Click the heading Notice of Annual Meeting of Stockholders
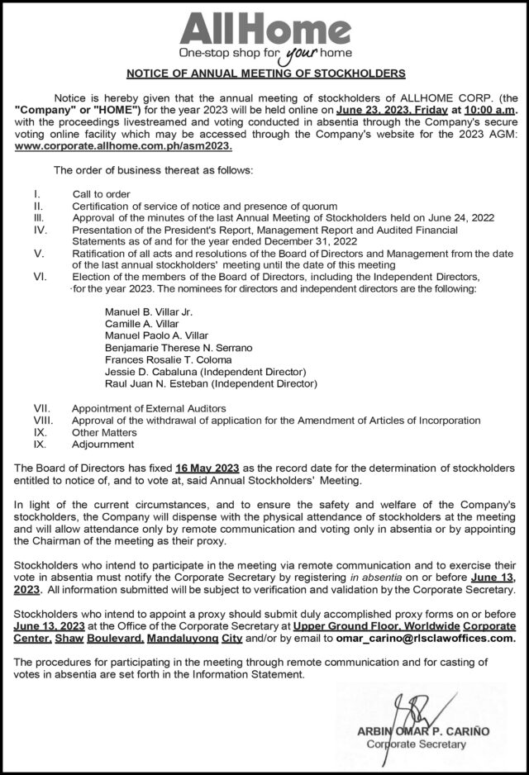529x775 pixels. click(x=264, y=73)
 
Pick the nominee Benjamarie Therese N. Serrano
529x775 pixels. click(x=179, y=348)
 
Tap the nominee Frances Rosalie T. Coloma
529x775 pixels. click(x=169, y=360)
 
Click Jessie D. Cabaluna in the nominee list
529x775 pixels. click(x=206, y=372)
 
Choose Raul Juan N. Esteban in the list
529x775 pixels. click(x=211, y=383)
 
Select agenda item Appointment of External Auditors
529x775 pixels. click(x=148, y=408)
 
